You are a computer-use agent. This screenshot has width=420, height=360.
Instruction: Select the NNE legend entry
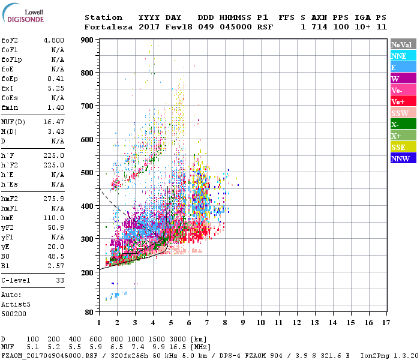[402, 56]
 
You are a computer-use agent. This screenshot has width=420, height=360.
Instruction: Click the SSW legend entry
[402, 113]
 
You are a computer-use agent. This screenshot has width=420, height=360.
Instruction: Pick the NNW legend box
[402, 158]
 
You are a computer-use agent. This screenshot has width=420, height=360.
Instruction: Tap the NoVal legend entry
[402, 44]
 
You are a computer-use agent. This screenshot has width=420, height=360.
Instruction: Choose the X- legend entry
[402, 124]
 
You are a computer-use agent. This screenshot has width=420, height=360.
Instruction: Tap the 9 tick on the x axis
[243, 323]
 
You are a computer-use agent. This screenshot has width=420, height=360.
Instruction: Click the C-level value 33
[60, 280]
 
